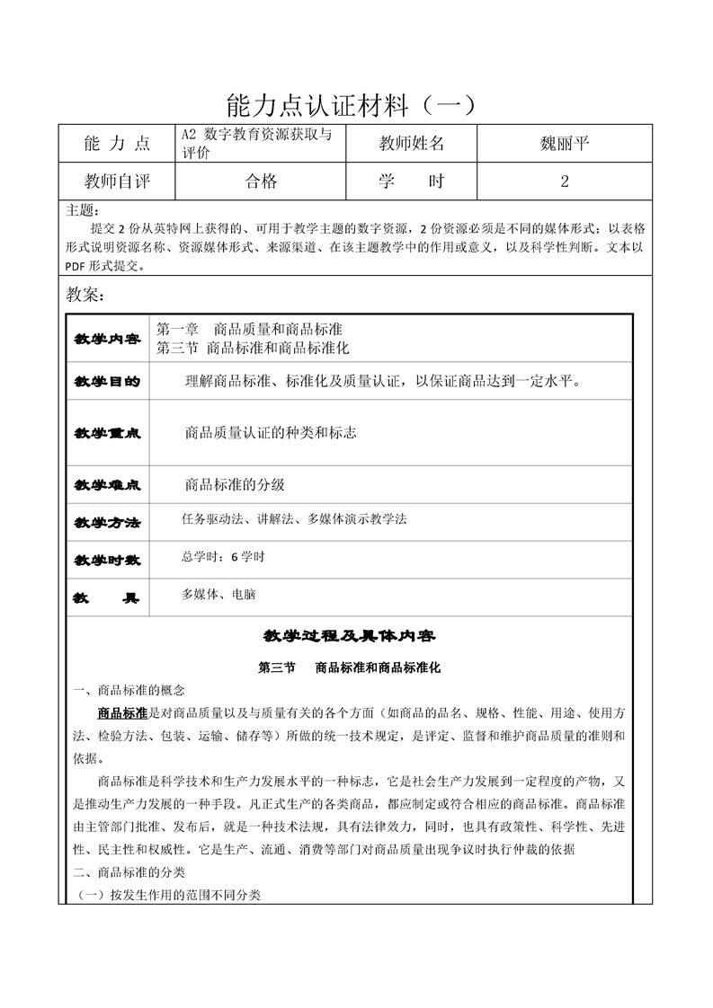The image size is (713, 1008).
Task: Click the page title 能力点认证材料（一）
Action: (356, 106)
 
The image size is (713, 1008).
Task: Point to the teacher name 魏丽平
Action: (564, 143)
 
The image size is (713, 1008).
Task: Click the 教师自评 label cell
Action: (117, 181)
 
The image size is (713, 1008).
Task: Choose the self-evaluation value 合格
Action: (261, 181)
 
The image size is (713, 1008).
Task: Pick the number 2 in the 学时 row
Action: (564, 181)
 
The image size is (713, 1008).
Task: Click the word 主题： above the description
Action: (82, 211)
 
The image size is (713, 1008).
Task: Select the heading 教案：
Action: (86, 296)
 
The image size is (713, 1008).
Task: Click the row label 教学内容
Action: (107, 339)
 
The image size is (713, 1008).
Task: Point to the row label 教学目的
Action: (107, 381)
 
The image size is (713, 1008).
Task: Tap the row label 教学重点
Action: (107, 433)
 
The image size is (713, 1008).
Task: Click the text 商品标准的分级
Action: (235, 484)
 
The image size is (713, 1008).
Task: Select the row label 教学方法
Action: (107, 522)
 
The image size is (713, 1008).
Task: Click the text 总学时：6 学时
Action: (223, 557)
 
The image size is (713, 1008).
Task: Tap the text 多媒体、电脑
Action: (218, 594)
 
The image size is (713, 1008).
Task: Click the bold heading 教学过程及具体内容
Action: (349, 636)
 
